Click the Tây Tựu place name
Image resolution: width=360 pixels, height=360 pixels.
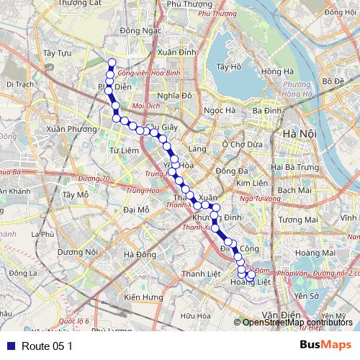pyautogui.click(x=57, y=53)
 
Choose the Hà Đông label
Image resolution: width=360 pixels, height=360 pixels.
pyautogui.click(x=140, y=254)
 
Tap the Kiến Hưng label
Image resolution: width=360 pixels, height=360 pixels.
pyautogui.click(x=143, y=297)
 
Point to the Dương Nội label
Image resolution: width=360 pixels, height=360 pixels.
pyautogui.click(x=77, y=252)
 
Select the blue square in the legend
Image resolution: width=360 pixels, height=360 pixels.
pyautogui.click(x=9, y=346)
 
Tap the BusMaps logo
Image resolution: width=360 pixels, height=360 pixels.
pyautogui.click(x=326, y=345)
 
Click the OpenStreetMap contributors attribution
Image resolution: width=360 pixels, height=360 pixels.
pyautogui.click(x=297, y=323)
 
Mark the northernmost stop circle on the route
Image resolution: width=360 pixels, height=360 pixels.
pyautogui.click(x=111, y=62)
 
